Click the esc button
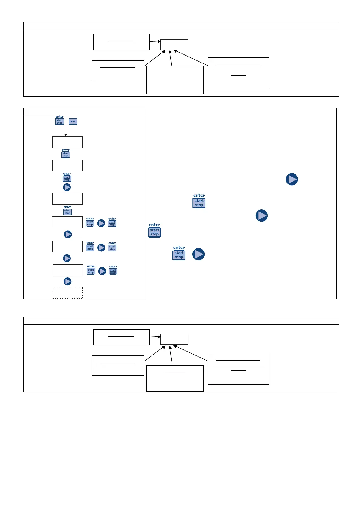73,122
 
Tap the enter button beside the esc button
60,120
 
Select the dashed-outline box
67,293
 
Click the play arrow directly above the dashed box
67,281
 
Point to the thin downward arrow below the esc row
66,131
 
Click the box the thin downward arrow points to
67,142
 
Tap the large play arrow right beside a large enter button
198,254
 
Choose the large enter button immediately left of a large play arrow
179,253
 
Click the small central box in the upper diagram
174,44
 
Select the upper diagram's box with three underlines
238,73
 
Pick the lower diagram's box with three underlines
238,369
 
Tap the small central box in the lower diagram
174,339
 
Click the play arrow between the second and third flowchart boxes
67,187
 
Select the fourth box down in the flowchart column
67,222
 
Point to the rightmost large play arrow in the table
292,179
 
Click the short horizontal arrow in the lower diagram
155,336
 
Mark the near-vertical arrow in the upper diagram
171,58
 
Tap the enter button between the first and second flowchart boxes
66,154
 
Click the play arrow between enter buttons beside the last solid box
102,271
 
